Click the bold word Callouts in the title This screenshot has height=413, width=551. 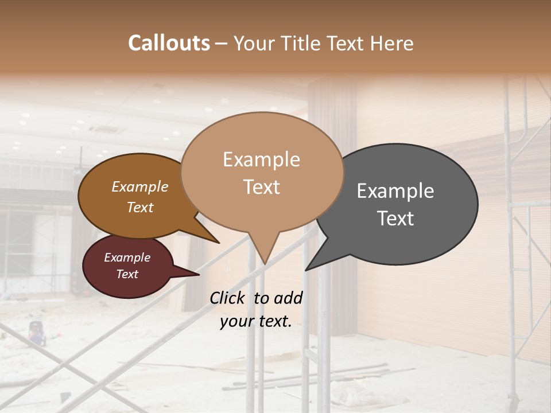(169, 43)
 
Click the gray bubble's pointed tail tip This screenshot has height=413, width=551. (306, 270)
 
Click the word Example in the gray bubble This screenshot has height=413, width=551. (395, 191)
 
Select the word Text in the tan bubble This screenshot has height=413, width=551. (261, 187)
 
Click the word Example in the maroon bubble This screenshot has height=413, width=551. (127, 258)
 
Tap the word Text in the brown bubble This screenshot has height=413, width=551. (140, 207)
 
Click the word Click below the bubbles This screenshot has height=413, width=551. (227, 298)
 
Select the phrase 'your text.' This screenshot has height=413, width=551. (255, 321)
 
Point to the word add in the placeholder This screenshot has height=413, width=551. (288, 298)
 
